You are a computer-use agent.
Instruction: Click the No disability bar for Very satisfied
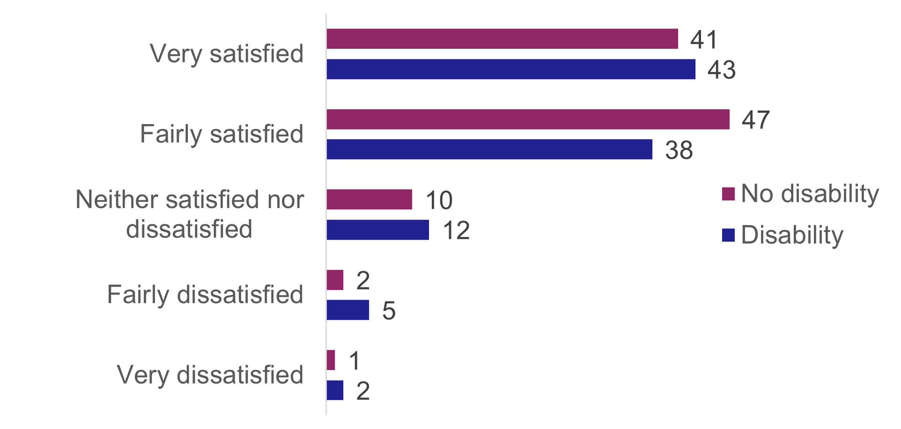[x=502, y=39]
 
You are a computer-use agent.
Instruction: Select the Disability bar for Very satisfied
[x=510, y=69]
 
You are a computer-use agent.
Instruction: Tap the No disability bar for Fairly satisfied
[x=528, y=119]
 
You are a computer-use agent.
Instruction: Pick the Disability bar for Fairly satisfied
[x=489, y=149]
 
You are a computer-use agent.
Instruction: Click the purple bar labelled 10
[x=369, y=200]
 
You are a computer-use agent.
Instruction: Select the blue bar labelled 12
[x=377, y=230]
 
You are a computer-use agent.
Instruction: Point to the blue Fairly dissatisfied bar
[x=347, y=310]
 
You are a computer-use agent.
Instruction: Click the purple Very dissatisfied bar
[x=331, y=360]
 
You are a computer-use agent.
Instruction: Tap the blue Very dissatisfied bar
[x=335, y=390]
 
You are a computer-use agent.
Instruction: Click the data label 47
[x=755, y=120]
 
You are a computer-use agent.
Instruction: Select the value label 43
[x=721, y=70]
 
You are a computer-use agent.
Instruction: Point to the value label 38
[x=679, y=150]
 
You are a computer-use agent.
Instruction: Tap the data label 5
[x=389, y=311]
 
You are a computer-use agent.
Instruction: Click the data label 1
[x=354, y=361]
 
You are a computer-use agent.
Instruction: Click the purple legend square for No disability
[x=728, y=194]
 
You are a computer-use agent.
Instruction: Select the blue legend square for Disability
[x=728, y=235]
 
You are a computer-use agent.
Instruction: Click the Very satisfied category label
[x=227, y=54]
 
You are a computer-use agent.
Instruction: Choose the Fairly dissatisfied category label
[x=205, y=295]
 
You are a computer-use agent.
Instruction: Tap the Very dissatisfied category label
[x=210, y=375]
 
